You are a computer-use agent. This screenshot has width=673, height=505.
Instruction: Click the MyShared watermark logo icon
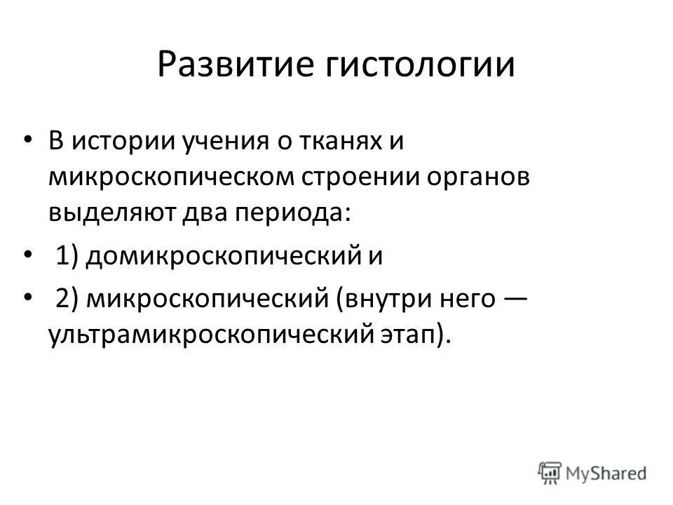[x=550, y=473]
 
